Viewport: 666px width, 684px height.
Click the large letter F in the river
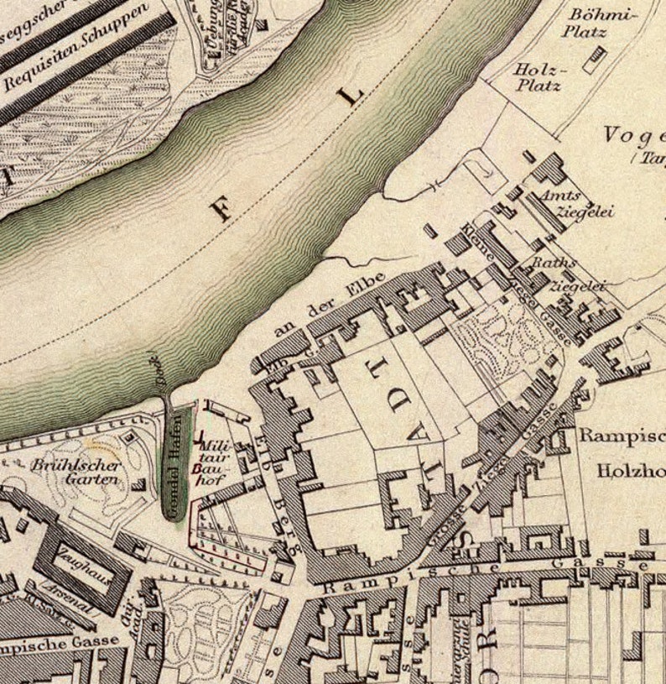[221, 208]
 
